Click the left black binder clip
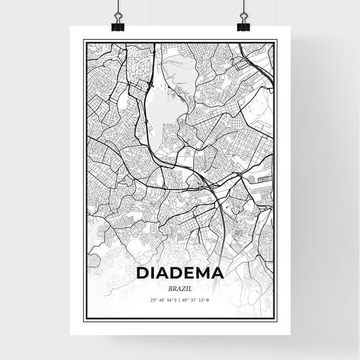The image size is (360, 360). tap(118, 25)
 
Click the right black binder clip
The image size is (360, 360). tap(242, 25)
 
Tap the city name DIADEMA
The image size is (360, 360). tap(180, 273)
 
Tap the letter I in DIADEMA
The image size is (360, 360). tap(153, 273)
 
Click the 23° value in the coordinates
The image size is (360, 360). tap(153, 300)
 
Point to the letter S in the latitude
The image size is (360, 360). tap(176, 300)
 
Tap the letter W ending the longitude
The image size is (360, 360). tap(209, 300)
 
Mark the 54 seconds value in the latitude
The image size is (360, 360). tap(170, 300)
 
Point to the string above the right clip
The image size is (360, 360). tap(242, 5)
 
